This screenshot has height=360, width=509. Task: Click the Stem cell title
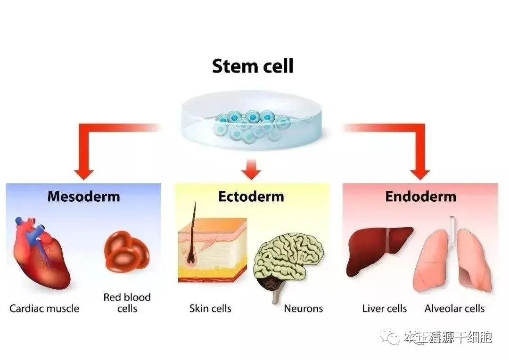pos(253,66)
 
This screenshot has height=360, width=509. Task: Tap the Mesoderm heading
pos(83,196)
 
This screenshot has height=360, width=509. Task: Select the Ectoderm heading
pos(251,196)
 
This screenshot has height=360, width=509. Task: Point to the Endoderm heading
pos(420,196)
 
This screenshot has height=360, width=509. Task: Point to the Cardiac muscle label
pos(44,309)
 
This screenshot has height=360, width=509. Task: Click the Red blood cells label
pos(127,303)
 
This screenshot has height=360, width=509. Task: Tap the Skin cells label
pos(210,309)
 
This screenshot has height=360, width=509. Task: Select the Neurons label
pos(303,309)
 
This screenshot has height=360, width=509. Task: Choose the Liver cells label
pos(384,309)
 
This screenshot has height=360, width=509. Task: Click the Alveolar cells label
pos(454,309)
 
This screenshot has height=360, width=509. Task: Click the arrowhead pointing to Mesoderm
pos(84,172)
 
